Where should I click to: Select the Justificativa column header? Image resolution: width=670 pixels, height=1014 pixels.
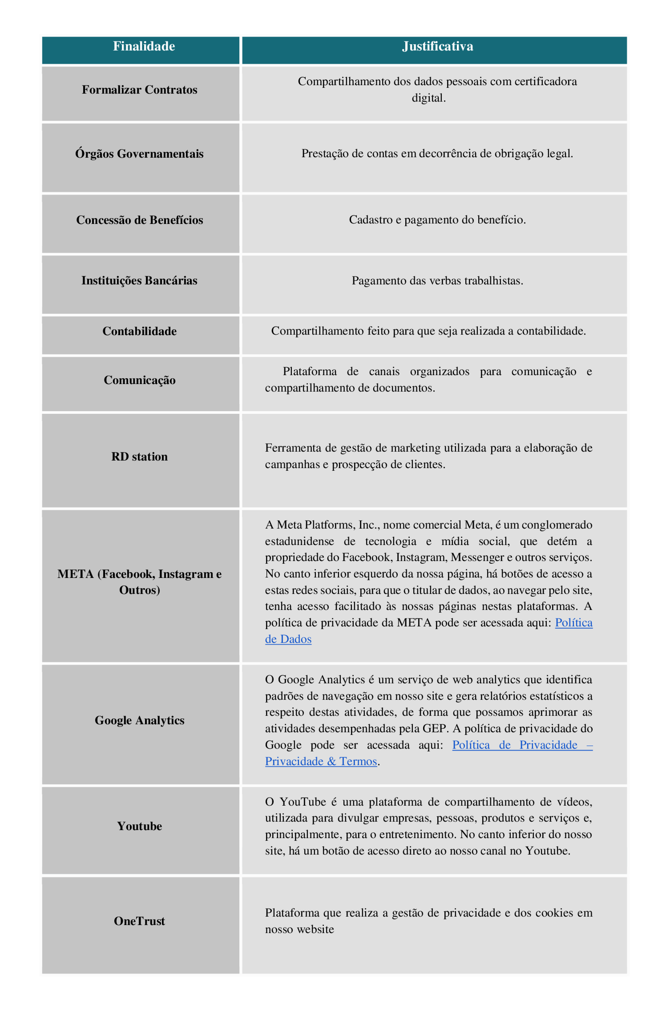(438, 46)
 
